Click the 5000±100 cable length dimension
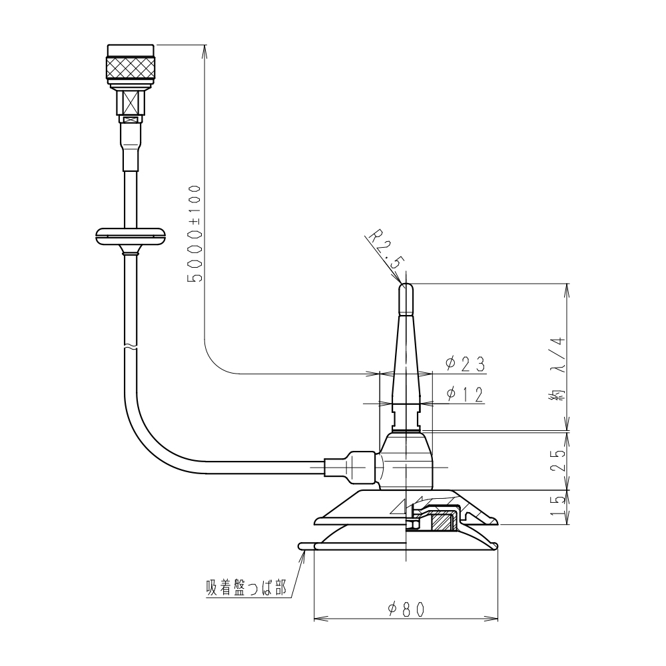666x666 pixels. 194,233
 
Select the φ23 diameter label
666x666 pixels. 465,364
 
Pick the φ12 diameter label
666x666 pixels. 465,394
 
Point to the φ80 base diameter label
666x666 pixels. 406,609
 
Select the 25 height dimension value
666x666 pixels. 558,460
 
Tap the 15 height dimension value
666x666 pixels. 558,507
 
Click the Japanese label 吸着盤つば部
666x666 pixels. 246,588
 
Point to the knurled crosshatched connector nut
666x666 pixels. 131,66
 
